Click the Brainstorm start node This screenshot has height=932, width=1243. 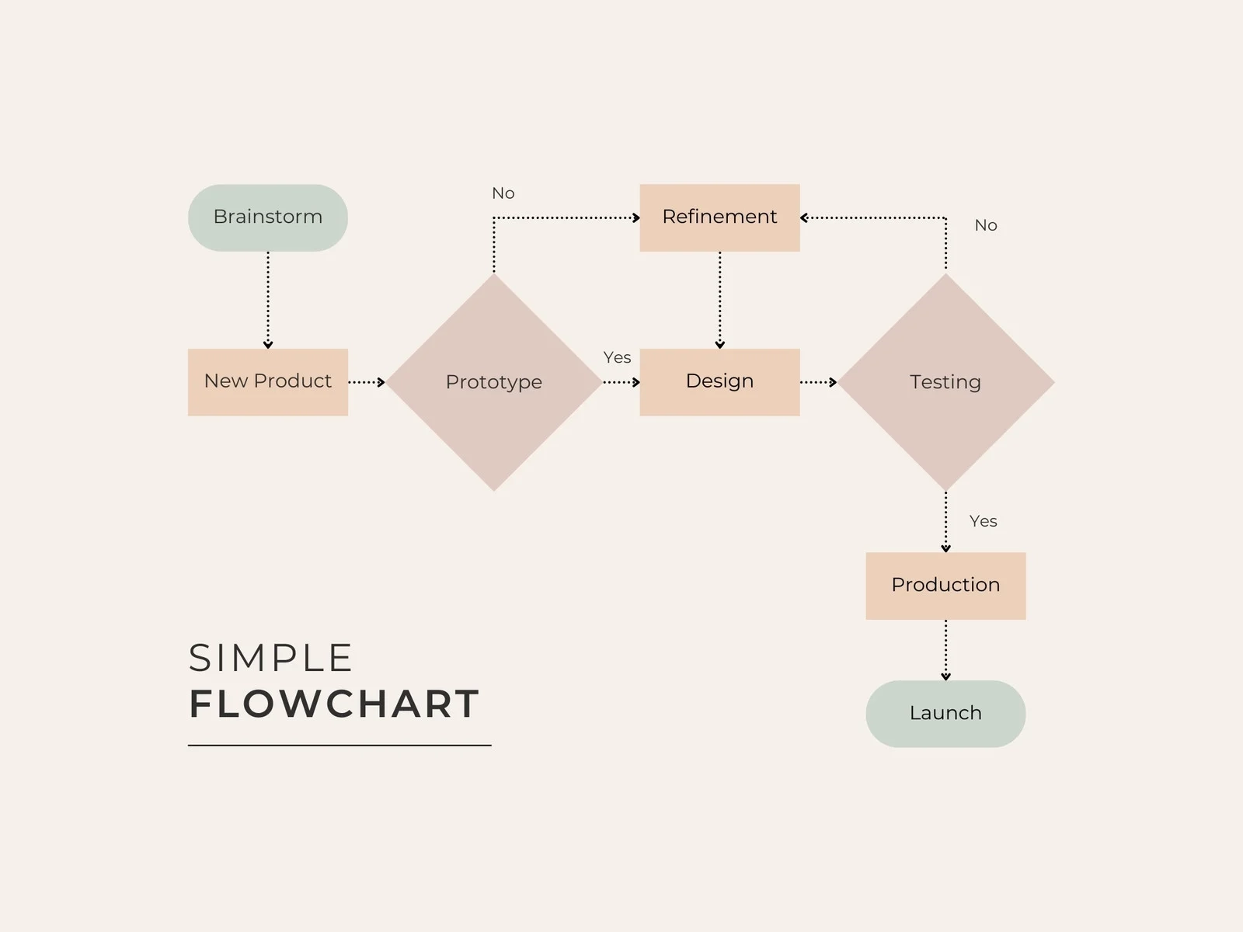tap(268, 217)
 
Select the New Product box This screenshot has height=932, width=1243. tap(268, 381)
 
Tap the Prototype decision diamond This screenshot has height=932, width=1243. tap(494, 382)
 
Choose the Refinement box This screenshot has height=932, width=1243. tap(719, 217)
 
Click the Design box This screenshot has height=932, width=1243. tap(719, 381)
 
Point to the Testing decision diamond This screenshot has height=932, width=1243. tap(945, 382)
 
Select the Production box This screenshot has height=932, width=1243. tap(945, 586)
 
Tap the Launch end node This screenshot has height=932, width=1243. tap(945, 714)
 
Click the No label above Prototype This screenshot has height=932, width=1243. tap(503, 193)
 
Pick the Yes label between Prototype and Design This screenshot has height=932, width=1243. tap(618, 358)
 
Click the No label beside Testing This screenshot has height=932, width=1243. tap(986, 225)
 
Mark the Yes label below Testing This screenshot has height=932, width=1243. tap(984, 521)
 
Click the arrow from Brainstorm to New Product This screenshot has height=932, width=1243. tap(268, 300)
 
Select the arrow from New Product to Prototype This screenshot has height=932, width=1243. tap(367, 382)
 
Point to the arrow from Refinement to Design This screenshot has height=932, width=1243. tap(720, 300)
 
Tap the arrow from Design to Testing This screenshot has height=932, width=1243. tap(819, 382)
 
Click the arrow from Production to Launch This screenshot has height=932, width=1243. tap(945, 650)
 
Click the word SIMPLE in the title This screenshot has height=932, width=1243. tap(270, 659)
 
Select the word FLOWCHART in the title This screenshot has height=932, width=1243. tap(334, 704)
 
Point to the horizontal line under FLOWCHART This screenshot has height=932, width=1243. tap(339, 746)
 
